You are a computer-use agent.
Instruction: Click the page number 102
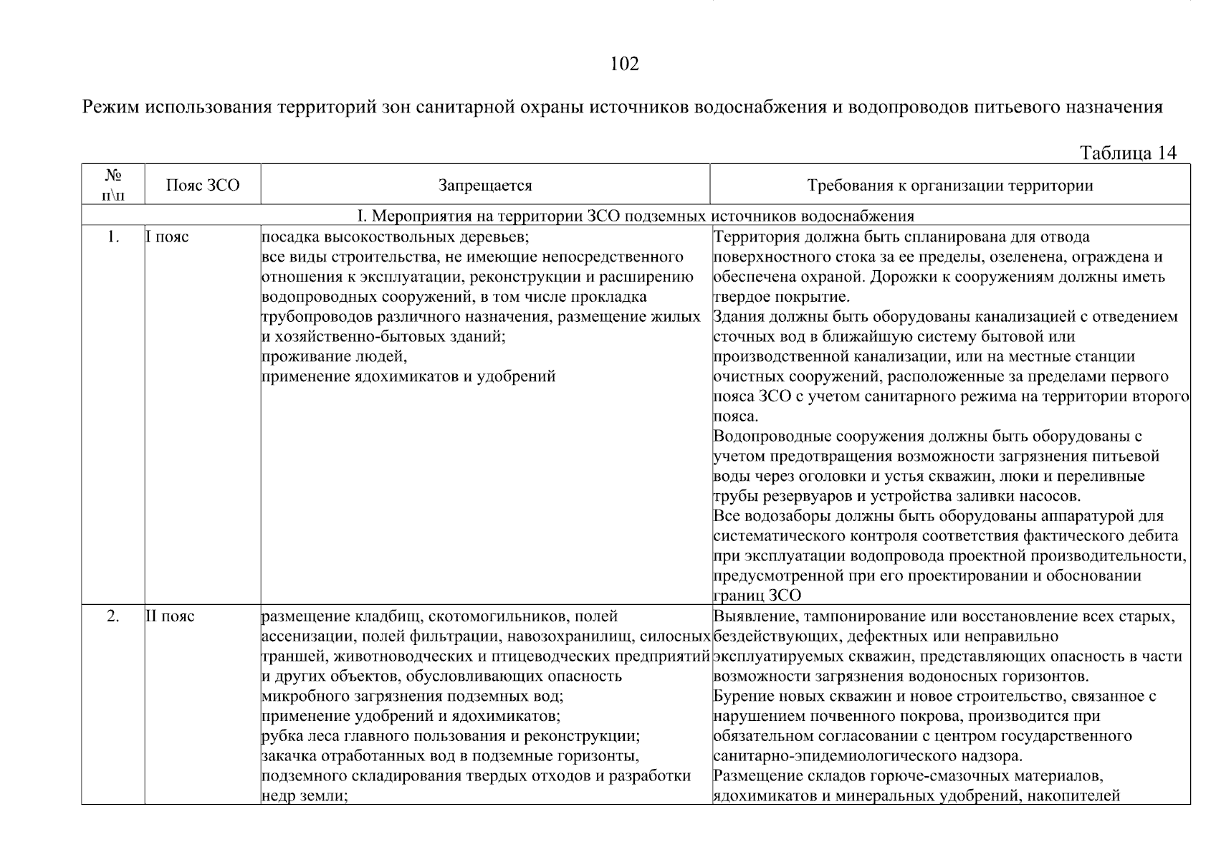(623, 64)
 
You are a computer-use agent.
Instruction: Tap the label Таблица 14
(1127, 153)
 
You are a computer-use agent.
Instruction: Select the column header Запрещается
(485, 186)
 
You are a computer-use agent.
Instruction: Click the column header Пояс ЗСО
(203, 186)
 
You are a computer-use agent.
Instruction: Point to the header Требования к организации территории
(949, 186)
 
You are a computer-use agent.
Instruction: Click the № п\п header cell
(113, 185)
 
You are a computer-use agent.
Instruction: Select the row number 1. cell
(113, 237)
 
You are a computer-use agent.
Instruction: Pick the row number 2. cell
(113, 616)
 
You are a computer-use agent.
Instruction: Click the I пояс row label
(168, 237)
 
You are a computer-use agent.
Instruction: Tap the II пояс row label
(171, 616)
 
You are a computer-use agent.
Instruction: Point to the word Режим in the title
(111, 107)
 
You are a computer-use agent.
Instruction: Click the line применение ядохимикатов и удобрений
(408, 377)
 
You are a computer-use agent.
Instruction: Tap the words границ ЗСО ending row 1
(757, 596)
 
